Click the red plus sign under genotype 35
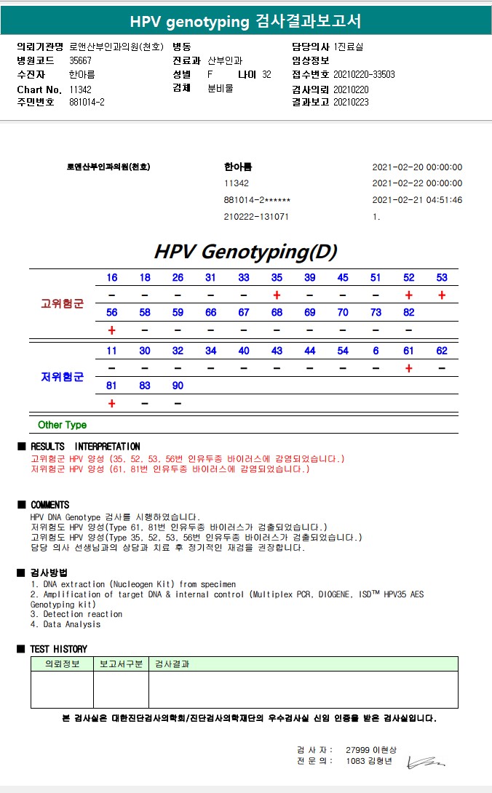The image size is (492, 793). coord(277,295)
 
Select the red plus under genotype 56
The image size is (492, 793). coord(111,330)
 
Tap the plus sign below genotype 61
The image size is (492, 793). coord(409,368)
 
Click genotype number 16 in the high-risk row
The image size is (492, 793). coord(111,277)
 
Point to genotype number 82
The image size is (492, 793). coord(409,312)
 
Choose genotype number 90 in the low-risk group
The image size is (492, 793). coord(178,386)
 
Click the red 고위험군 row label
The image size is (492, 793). coord(62,303)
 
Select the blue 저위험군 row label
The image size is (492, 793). coord(62,376)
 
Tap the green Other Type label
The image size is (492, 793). coord(62,425)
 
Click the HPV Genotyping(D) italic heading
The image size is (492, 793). coord(245,252)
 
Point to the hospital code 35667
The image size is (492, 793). coord(80,60)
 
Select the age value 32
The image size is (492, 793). coord(266,74)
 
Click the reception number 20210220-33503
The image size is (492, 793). coord(364,74)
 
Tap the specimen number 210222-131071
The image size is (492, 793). coord(256,217)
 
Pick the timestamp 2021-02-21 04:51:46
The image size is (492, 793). coord(417,200)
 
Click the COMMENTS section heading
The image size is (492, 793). coord(49,505)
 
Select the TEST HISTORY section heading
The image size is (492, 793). coord(58,649)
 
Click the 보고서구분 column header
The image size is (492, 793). coord(120,664)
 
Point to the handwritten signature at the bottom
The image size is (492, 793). coord(426,762)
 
